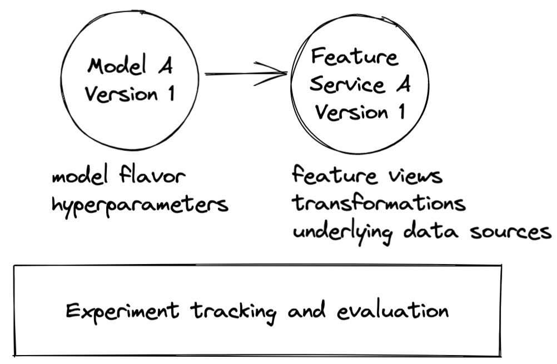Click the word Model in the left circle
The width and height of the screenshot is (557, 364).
pyautogui.click(x=117, y=65)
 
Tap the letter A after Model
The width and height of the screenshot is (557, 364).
pyautogui.click(x=166, y=65)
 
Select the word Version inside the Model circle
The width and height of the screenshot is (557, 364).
pyautogui.click(x=121, y=94)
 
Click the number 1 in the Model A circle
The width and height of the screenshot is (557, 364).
pyautogui.click(x=172, y=93)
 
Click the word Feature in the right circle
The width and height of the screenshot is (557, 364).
pyautogui.click(x=354, y=57)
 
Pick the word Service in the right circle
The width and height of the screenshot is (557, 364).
pyautogui.click(x=347, y=84)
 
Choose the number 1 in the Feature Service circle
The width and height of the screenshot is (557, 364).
pyautogui.click(x=401, y=112)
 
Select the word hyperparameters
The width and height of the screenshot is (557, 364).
pyautogui.click(x=140, y=205)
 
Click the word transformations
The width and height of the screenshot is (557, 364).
pyautogui.click(x=379, y=203)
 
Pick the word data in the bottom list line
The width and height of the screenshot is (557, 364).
pyautogui.click(x=431, y=230)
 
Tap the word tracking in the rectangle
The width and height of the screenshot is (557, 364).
pyautogui.click(x=233, y=312)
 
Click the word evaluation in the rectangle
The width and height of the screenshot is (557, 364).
pyautogui.click(x=392, y=311)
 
